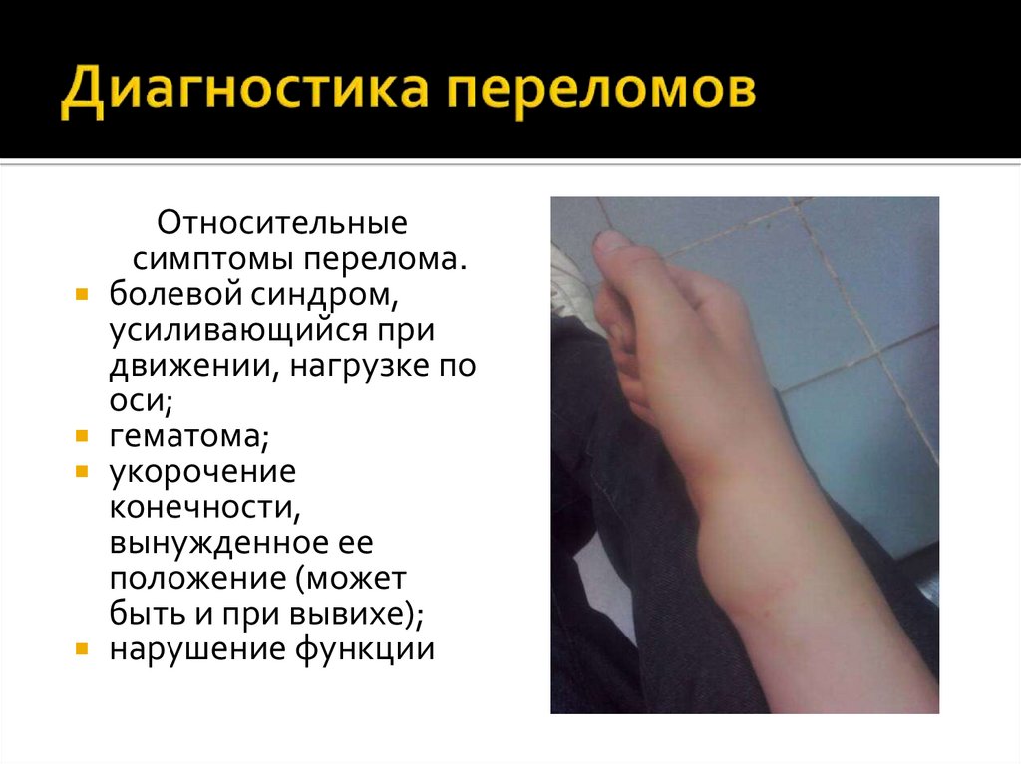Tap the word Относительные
282,221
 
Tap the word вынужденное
213,544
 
